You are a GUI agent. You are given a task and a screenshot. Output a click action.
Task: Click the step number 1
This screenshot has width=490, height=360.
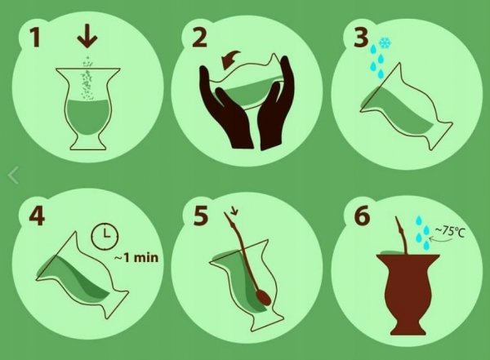click(35, 38)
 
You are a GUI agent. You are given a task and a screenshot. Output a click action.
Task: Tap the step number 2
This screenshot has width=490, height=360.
click(199, 38)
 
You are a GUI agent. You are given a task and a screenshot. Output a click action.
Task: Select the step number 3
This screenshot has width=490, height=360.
click(361, 38)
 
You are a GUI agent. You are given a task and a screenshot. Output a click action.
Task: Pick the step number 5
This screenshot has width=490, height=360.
click(200, 216)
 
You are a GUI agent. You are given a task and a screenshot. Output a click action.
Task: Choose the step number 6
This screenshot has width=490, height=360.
click(363, 216)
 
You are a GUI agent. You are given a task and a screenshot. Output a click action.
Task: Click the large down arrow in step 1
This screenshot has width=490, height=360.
click(87, 38)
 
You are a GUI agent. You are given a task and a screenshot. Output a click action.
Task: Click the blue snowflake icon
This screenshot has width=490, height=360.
click(385, 43)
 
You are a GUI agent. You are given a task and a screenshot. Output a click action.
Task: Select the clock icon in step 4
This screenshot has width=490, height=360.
click(105, 236)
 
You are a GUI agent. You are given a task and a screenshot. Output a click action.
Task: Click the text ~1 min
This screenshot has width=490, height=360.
click(136, 257)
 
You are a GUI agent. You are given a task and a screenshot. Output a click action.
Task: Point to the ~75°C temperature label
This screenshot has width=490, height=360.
click(450, 232)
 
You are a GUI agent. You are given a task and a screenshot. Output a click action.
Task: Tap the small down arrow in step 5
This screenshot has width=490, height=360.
click(234, 212)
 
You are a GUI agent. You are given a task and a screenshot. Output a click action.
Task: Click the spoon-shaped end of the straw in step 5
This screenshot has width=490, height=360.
click(265, 297)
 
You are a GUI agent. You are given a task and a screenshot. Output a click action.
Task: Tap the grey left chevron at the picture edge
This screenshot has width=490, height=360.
click(13, 176)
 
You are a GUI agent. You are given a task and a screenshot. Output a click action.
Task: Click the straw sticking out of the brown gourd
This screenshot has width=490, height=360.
click(402, 235)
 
